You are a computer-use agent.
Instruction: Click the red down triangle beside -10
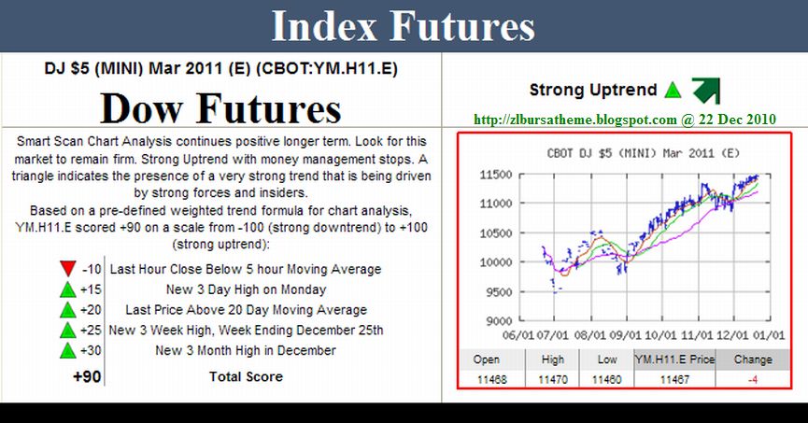67,268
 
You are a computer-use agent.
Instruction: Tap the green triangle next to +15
67,289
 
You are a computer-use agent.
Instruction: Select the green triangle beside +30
67,350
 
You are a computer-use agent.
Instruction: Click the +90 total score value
87,376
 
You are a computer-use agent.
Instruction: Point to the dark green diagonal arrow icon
705,91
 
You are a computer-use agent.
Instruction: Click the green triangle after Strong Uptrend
673,91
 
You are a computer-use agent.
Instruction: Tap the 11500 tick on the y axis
496,175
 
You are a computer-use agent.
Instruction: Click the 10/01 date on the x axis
660,335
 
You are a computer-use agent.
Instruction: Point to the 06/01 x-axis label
517,335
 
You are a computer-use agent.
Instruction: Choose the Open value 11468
491,380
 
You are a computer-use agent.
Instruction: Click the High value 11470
553,380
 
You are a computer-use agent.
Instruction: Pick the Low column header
607,360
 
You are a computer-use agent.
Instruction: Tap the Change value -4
753,380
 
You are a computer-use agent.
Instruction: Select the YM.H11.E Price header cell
674,360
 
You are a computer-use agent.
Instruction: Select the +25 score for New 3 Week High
92,330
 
